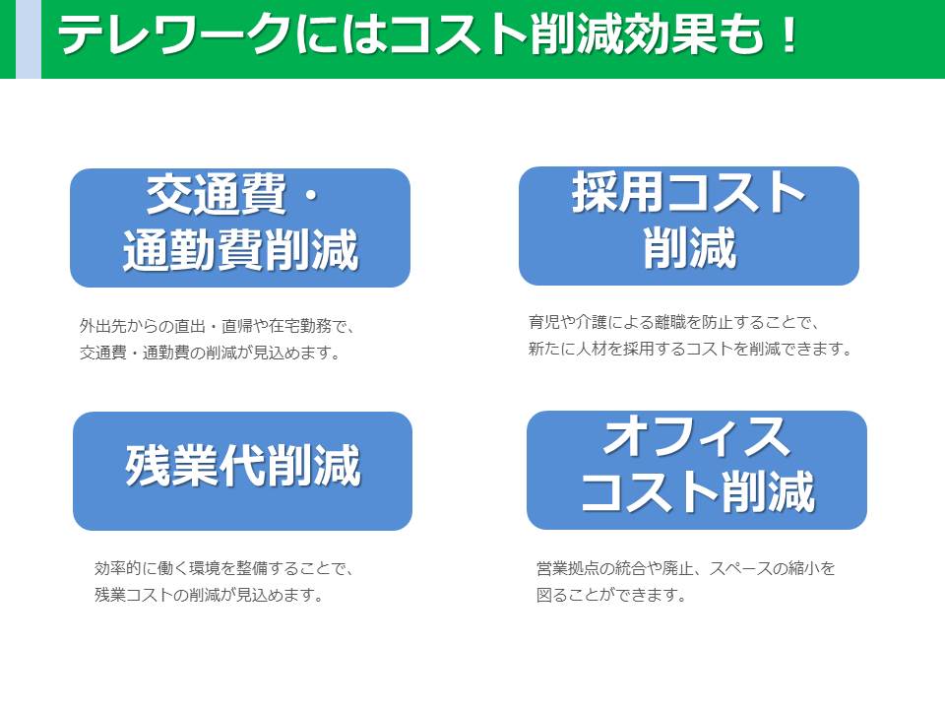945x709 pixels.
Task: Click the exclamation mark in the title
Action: tap(787, 35)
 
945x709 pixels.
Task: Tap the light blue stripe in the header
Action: tap(29, 39)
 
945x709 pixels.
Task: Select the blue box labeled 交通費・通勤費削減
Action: tap(240, 227)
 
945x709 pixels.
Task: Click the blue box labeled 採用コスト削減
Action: tap(689, 226)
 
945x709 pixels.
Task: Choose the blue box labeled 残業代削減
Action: tap(242, 471)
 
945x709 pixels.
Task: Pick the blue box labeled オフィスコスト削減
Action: tap(697, 471)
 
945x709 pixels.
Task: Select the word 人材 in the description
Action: tap(592, 349)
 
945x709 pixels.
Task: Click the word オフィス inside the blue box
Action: tap(697, 437)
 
